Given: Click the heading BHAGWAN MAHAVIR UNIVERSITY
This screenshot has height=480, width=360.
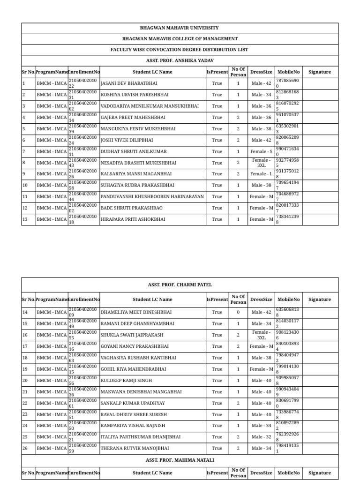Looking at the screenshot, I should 180,28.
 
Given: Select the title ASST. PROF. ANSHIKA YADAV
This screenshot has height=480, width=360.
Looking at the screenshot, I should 180,61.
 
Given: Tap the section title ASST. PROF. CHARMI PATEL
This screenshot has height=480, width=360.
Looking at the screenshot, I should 180,285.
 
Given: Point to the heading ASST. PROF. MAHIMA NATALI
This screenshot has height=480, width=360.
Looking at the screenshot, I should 180,460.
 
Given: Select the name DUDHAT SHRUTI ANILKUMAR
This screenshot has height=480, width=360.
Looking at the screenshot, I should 134,151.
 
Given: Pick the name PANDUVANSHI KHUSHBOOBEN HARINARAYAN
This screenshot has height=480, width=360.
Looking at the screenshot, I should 152,197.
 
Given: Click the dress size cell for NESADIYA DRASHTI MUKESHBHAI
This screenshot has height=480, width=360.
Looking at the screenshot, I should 261,163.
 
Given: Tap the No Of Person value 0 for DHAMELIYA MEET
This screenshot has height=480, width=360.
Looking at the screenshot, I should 238,312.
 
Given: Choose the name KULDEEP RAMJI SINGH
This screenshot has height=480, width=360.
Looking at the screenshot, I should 126,381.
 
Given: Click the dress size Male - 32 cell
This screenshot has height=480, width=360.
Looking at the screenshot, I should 261,437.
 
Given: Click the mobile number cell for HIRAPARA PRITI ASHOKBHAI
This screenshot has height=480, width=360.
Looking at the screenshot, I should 287,219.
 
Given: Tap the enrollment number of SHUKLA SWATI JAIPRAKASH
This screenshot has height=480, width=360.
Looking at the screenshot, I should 83,335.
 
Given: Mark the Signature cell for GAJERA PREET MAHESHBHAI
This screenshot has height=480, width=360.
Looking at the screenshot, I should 319,117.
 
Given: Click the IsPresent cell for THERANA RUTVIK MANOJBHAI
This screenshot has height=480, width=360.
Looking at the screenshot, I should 217,449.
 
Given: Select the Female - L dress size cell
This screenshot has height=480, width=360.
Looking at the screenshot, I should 261,174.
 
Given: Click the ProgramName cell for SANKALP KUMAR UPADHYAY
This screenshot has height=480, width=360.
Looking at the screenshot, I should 52,403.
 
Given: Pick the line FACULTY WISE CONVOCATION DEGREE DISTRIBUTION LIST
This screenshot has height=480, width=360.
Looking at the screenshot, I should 180,50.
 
